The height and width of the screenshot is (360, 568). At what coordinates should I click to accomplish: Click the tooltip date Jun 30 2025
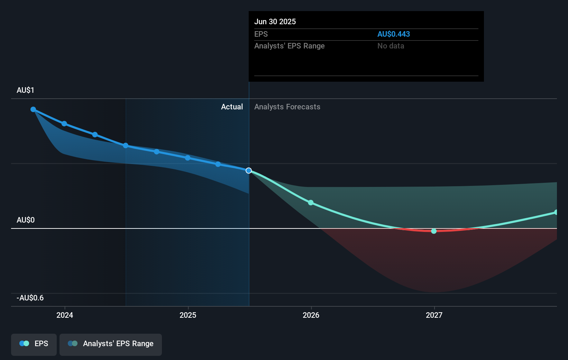[x=275, y=21]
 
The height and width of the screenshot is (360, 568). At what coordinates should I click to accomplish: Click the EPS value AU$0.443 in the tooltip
[x=393, y=34]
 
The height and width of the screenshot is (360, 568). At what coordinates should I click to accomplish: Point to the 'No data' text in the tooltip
[x=391, y=46]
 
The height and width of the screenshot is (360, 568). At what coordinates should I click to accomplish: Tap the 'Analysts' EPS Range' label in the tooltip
[x=289, y=46]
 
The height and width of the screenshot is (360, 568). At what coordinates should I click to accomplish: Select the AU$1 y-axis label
[x=25, y=90]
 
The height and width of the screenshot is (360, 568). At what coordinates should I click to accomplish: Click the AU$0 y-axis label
[x=26, y=220]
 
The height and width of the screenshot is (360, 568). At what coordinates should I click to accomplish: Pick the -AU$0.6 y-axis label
[x=30, y=298]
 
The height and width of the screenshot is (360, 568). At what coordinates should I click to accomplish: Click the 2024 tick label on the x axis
[x=65, y=315]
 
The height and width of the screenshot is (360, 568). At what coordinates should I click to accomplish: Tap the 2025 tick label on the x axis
[x=188, y=315]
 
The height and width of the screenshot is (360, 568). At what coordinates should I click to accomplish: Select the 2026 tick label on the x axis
[x=311, y=315]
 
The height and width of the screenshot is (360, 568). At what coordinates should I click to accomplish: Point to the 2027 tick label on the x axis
[x=434, y=315]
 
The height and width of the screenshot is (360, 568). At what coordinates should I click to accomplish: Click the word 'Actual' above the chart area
[x=232, y=107]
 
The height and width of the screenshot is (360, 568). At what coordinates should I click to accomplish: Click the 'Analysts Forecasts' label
[x=287, y=107]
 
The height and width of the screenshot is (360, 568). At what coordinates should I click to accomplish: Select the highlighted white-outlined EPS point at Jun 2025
[x=249, y=170]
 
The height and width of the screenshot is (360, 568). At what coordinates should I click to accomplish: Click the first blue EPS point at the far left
[x=33, y=109]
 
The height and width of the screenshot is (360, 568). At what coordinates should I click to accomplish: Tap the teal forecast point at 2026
[x=311, y=202]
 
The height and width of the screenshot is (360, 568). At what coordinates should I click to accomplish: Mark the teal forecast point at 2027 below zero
[x=434, y=231]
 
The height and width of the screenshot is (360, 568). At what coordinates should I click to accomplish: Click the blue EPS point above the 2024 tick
[x=64, y=124]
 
